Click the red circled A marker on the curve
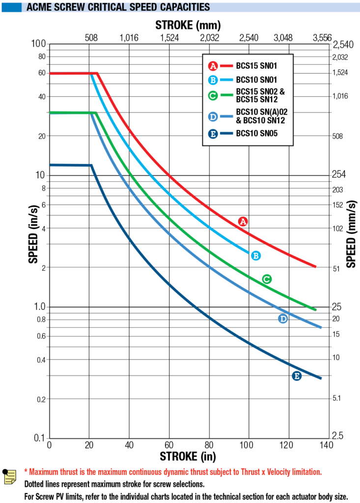242,222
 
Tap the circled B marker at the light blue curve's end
255,255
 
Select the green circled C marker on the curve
267,279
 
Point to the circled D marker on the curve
283,319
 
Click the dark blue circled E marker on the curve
297,376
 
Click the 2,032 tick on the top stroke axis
209,37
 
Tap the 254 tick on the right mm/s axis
339,175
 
